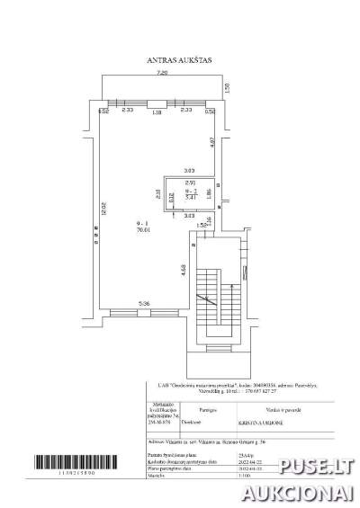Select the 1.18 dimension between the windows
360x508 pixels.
coord(157,112)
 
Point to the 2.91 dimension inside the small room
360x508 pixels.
coord(189,183)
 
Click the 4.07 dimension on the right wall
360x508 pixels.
coord(212,141)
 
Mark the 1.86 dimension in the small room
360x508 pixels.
coord(207,192)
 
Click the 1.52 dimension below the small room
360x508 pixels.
coord(203,225)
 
